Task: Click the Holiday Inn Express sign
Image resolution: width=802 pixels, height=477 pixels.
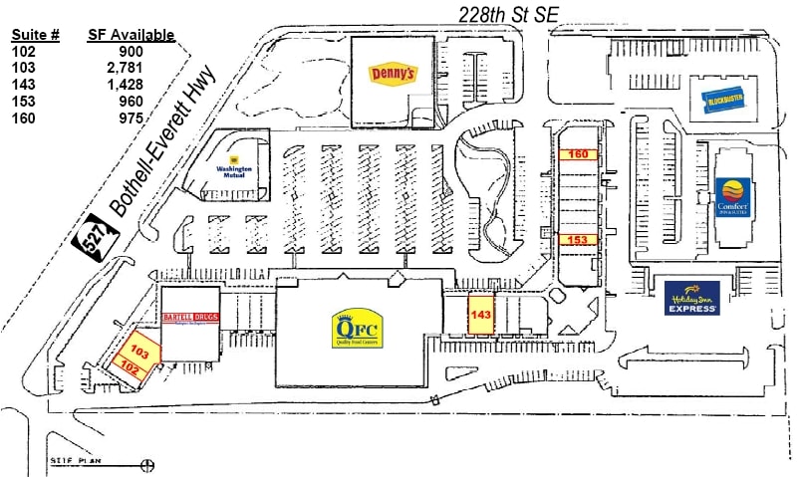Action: point(692,298)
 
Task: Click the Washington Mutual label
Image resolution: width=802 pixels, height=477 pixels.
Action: point(235,164)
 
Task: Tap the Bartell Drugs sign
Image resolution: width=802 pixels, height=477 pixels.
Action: point(190,319)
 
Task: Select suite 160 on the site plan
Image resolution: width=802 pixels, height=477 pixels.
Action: point(578,154)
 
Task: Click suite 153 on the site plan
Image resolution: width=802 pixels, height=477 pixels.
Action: point(578,240)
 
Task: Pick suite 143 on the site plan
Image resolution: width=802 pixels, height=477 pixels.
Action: point(481,315)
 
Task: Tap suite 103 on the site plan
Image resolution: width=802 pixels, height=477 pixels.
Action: point(137,353)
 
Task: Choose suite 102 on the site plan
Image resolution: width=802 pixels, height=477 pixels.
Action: point(129,367)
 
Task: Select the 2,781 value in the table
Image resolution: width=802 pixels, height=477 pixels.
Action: point(129,68)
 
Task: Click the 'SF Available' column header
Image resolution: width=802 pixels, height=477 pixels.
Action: point(131,35)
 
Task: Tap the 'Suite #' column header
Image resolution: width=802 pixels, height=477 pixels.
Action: point(36,35)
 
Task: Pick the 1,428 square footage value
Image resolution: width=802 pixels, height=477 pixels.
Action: point(129,85)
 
